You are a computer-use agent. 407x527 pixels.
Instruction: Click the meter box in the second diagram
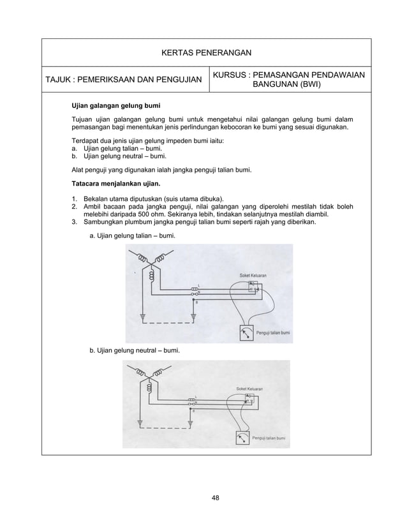(241, 438)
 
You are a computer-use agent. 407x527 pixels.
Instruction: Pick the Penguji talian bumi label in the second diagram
(267, 438)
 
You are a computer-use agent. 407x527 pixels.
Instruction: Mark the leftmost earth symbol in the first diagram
(143, 316)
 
